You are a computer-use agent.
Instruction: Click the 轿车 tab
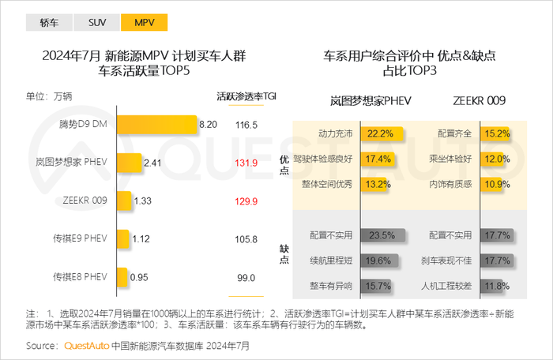[49, 23]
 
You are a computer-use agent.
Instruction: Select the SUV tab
[99, 23]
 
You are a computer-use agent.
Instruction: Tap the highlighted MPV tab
[143, 23]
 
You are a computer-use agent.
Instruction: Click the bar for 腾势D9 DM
[156, 125]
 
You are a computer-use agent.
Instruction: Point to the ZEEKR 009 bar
[122, 201]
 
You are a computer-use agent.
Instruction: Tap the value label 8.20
[208, 125]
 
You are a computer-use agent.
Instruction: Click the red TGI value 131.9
[246, 163]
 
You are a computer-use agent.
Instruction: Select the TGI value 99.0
[246, 278]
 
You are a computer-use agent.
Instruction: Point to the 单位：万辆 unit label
[49, 96]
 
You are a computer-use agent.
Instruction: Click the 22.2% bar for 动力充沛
[377, 133]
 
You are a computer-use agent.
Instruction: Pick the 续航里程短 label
[329, 261]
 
